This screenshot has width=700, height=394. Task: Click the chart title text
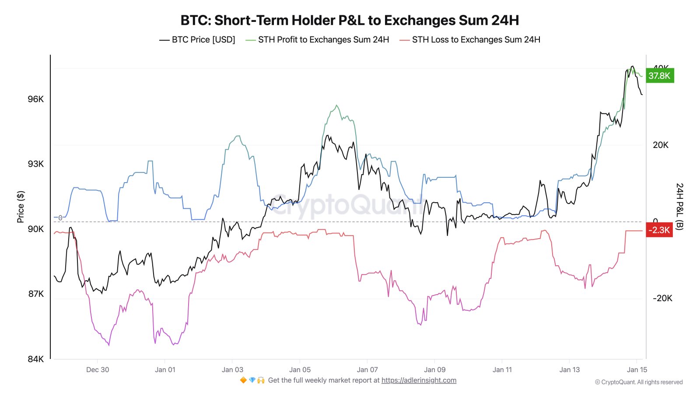pos(350,20)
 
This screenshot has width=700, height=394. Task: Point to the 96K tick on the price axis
pos(36,99)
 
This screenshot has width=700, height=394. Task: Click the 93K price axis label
pos(36,164)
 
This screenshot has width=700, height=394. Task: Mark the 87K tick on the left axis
pos(36,294)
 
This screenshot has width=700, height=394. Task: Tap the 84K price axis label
pos(36,359)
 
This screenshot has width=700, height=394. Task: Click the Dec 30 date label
pos(98,369)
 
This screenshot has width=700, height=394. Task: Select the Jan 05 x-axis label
pos(300,369)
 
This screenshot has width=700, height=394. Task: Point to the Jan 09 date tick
pos(434,369)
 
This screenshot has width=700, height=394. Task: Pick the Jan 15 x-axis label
pos(637,369)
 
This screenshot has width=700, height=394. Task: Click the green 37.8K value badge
pos(659,76)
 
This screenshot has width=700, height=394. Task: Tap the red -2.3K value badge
pos(659,230)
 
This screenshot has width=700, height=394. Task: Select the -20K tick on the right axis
pos(662,298)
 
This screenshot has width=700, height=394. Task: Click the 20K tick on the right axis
pos(661,145)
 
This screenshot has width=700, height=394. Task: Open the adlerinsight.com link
pos(419,380)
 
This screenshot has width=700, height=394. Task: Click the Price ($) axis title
pos(21,207)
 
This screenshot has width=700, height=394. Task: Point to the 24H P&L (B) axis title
pos(679,207)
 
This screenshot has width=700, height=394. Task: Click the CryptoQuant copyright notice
pos(639,382)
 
